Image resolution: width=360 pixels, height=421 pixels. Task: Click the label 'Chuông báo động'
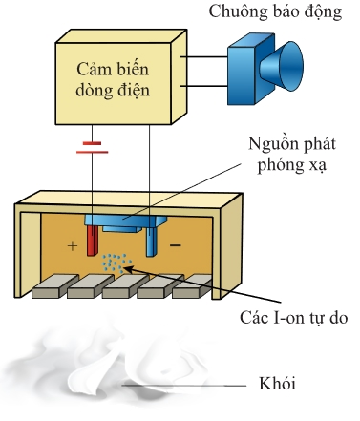[x=275, y=12]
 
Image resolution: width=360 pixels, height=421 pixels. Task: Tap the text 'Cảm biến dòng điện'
[x=113, y=79]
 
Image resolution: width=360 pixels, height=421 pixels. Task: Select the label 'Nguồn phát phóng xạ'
[x=291, y=155]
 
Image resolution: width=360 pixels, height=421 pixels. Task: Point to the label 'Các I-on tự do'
[x=293, y=318]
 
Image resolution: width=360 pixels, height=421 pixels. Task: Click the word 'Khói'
[x=277, y=384]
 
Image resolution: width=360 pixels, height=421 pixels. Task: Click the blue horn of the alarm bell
[x=281, y=66]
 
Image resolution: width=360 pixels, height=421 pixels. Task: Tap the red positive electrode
[x=92, y=241]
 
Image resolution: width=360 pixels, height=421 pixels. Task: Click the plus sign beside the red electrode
[x=73, y=246]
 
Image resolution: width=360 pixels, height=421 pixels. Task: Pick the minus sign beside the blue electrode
[x=176, y=245]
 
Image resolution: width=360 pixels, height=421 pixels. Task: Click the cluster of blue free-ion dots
[x=116, y=263]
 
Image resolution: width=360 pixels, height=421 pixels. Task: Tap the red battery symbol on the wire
[x=93, y=148]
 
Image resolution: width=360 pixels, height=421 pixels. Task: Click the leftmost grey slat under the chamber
[x=54, y=286]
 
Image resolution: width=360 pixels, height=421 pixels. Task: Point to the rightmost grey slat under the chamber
[x=192, y=286]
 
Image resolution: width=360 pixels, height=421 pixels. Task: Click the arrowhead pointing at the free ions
[x=127, y=269]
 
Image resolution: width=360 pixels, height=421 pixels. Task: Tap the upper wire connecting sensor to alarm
[x=203, y=57]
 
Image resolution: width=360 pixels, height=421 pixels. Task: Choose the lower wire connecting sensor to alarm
[x=203, y=86]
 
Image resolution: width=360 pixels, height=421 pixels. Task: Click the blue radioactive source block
[x=126, y=222]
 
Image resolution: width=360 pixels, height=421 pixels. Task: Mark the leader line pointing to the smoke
[x=184, y=386]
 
